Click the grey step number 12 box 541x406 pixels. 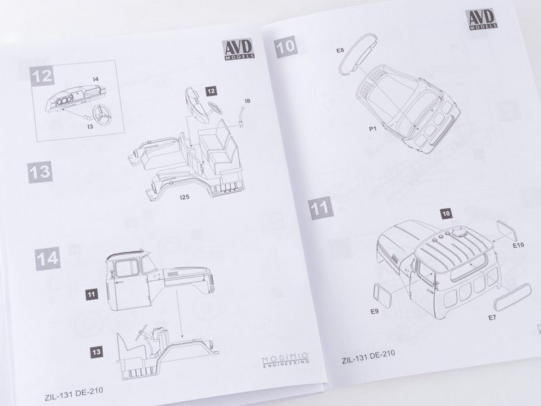click(x=42, y=76)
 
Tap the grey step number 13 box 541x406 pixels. click(x=40, y=172)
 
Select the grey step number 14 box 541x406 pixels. click(x=47, y=258)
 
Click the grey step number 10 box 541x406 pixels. click(x=285, y=47)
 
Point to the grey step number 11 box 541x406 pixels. click(x=320, y=208)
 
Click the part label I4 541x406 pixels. click(x=95, y=79)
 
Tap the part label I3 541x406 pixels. click(x=90, y=127)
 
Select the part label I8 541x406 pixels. click(x=248, y=101)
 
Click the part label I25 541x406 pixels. click(x=185, y=197)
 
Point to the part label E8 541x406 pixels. click(x=340, y=50)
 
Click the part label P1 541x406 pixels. click(x=373, y=129)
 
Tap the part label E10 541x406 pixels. click(x=518, y=245)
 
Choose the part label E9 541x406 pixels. click(x=375, y=311)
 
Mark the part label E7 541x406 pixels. click(x=492, y=317)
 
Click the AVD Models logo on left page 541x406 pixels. click(x=239, y=49)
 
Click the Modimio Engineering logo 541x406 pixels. click(x=285, y=359)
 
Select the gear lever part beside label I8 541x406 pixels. click(x=241, y=116)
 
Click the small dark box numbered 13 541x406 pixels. click(x=96, y=352)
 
